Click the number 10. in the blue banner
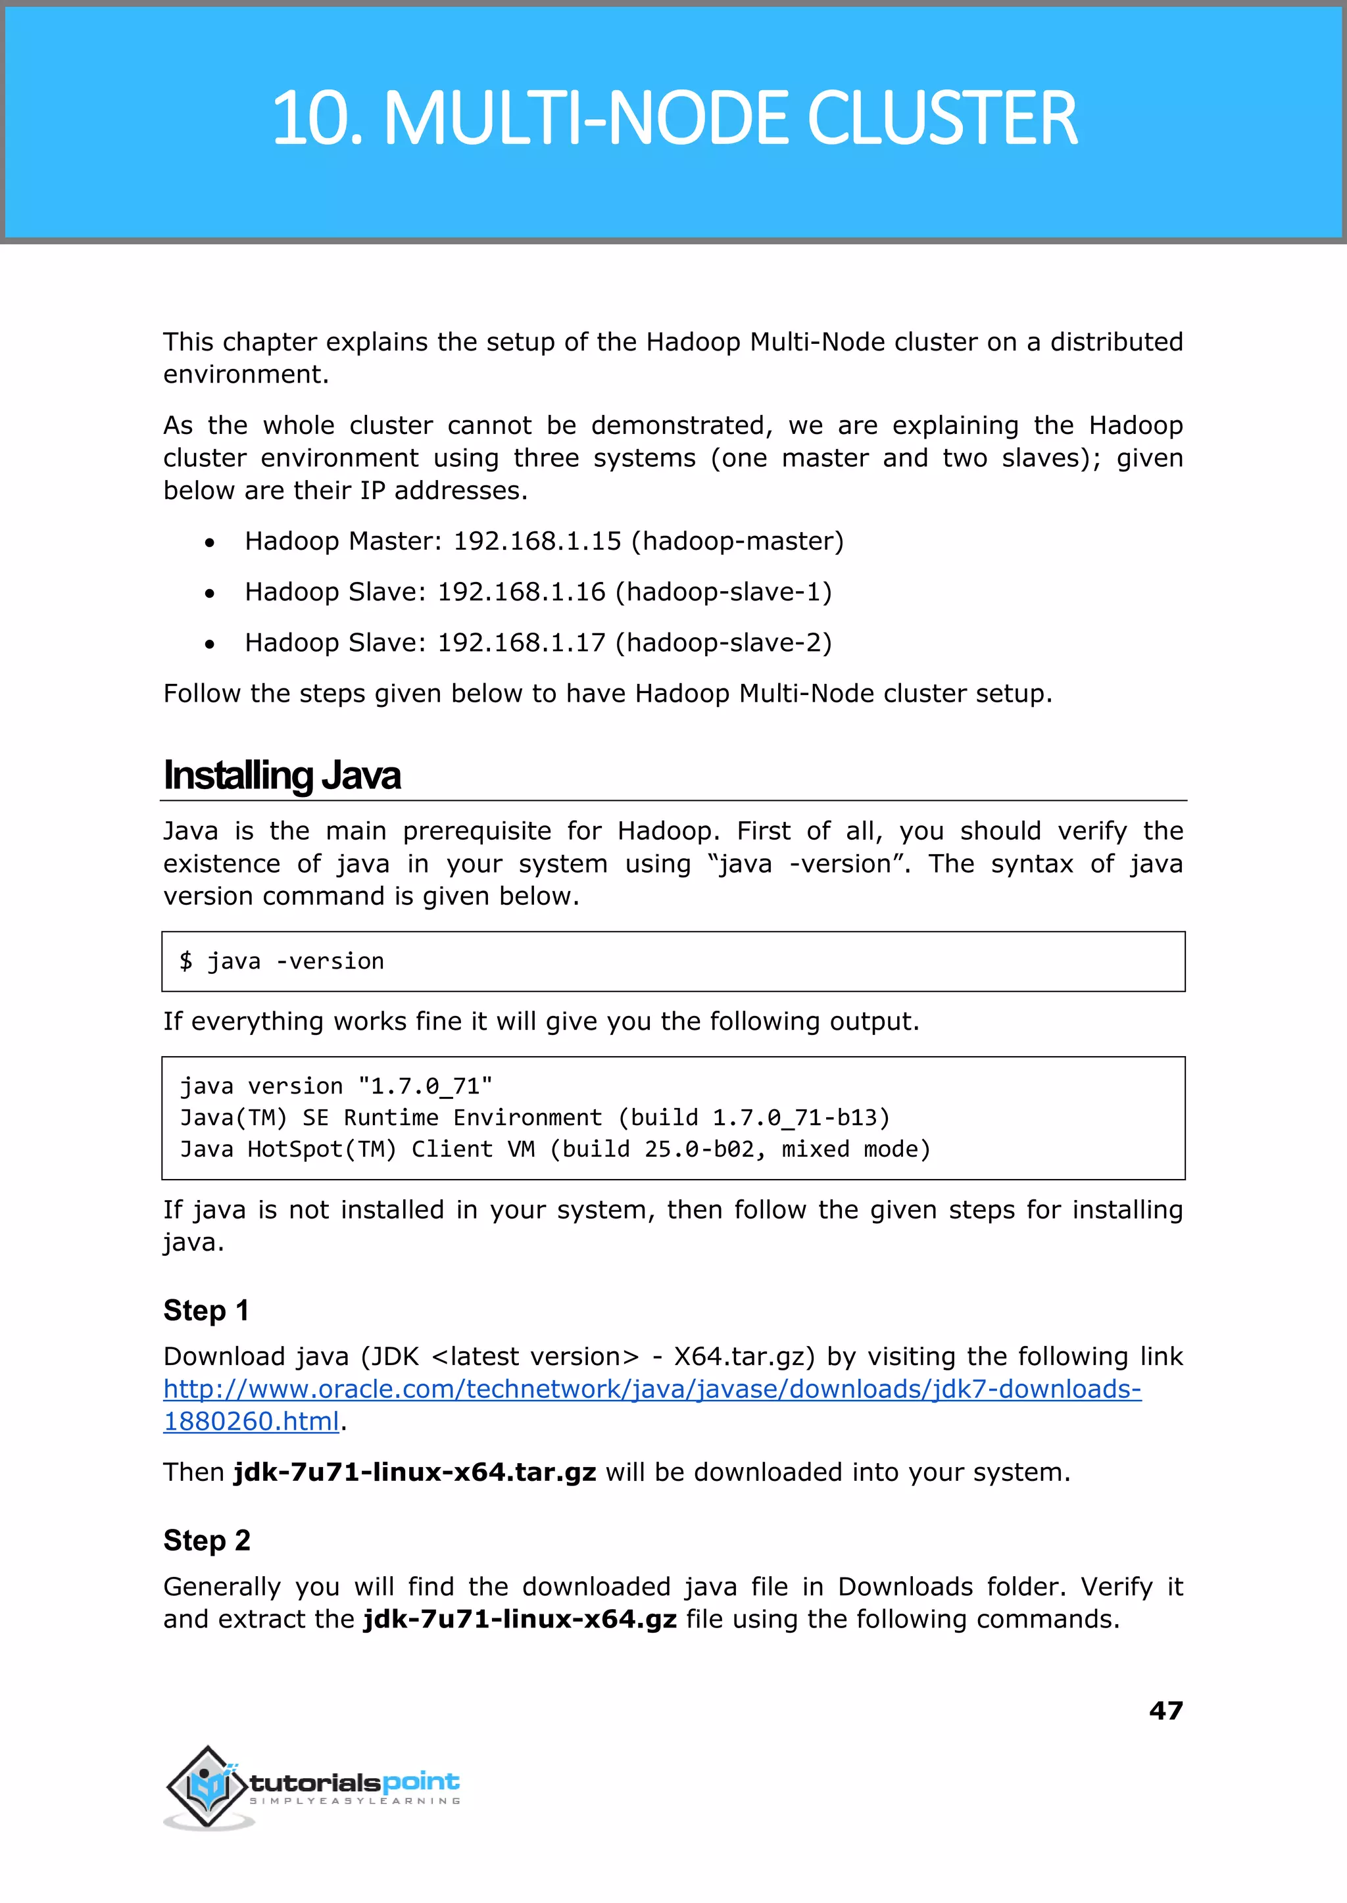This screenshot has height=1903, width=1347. [x=318, y=118]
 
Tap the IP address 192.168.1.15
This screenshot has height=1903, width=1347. [x=537, y=541]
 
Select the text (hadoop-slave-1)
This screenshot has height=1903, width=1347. [x=723, y=592]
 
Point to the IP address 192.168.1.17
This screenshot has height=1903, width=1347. [x=521, y=642]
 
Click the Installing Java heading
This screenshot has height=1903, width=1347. [x=282, y=776]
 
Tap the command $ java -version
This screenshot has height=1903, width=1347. [x=282, y=961]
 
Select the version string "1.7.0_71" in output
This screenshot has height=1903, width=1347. [x=426, y=1086]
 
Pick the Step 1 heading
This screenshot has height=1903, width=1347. [x=206, y=1310]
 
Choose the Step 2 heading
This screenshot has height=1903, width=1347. [x=207, y=1540]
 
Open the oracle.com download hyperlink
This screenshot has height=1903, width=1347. [x=652, y=1389]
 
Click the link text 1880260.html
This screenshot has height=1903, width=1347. [x=251, y=1421]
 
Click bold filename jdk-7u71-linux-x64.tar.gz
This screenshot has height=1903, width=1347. [x=415, y=1472]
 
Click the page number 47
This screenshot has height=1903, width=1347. [x=1165, y=1710]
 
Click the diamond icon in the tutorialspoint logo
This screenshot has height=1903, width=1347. [x=207, y=1785]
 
